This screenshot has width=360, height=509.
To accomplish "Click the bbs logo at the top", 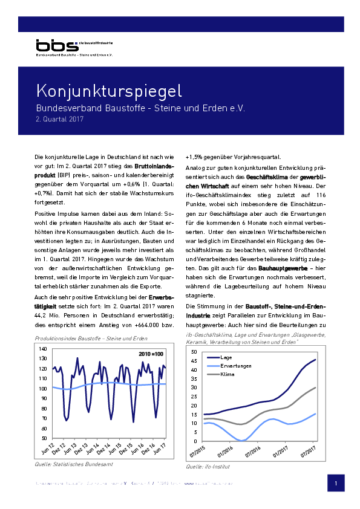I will coord(56,45).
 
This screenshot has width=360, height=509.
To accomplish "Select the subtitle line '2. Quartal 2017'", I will coord(59,119).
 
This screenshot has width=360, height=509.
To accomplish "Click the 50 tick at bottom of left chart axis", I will coord(44,437).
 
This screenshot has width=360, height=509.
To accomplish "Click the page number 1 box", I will coord(335,484).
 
